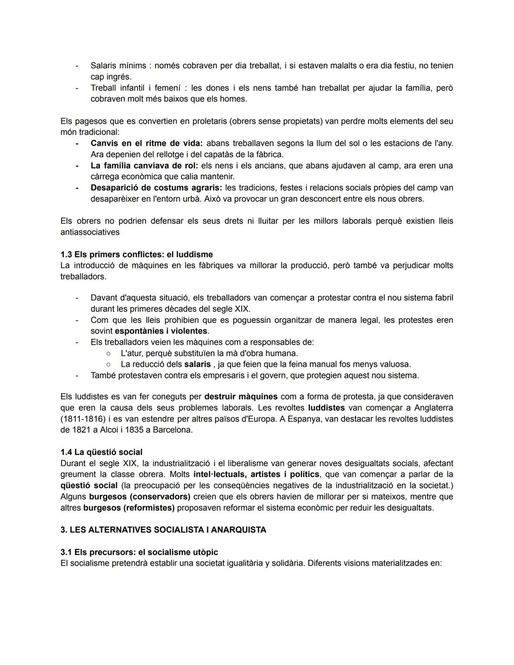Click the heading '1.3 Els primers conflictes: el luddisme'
click(x=137, y=254)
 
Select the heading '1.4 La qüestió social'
click(x=101, y=452)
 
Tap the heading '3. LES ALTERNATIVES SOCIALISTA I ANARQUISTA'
click(x=163, y=530)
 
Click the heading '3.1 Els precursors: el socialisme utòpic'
click(x=139, y=552)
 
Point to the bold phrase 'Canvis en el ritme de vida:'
click(x=147, y=143)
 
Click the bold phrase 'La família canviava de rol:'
click(x=144, y=166)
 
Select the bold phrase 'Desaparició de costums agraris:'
click(x=156, y=188)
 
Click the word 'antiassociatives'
click(x=90, y=232)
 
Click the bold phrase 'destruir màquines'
click(x=241, y=397)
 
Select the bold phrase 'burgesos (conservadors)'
click(x=139, y=496)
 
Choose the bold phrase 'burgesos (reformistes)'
click(x=129, y=508)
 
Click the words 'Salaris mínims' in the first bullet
click(x=118, y=66)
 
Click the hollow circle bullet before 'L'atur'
click(x=109, y=353)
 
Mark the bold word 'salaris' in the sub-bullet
click(x=198, y=364)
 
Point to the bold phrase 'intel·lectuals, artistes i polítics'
click(x=257, y=475)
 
